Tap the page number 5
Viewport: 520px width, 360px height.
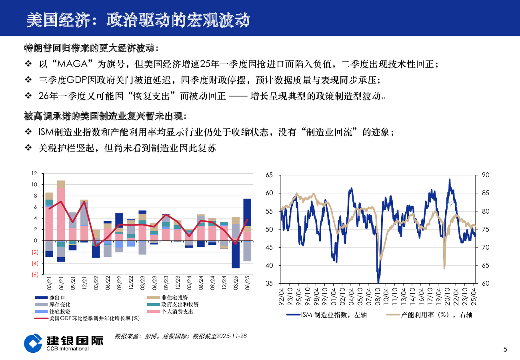[505, 350]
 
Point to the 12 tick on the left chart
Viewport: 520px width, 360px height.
[34, 174]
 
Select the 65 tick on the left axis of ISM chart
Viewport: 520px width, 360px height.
[269, 175]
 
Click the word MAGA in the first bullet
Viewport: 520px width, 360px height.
[76, 64]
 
